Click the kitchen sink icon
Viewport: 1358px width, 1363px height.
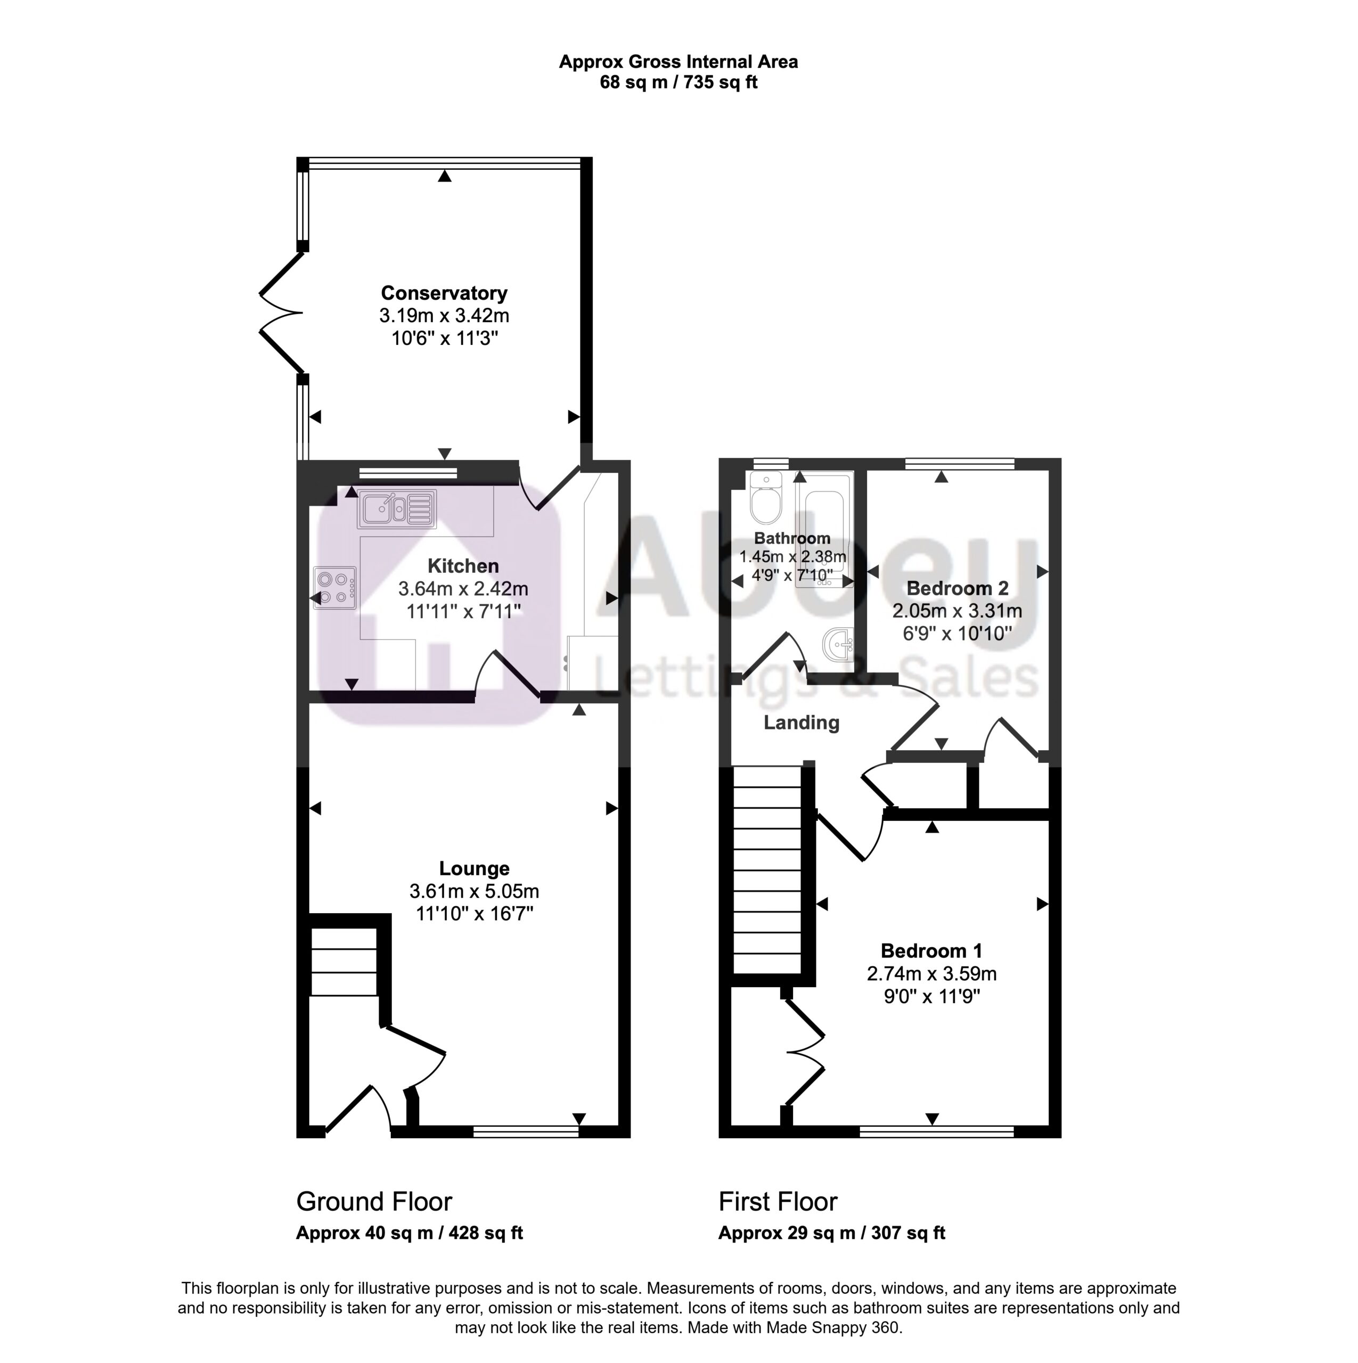tap(397, 508)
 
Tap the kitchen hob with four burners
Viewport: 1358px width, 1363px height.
tap(334, 588)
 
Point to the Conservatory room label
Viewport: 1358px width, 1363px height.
tap(444, 293)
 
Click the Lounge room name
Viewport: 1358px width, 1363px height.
tap(475, 868)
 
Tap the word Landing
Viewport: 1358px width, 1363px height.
tap(802, 722)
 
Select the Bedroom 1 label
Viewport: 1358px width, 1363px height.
tap(931, 951)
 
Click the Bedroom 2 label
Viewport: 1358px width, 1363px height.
tap(958, 588)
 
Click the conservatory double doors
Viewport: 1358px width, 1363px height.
tap(282, 312)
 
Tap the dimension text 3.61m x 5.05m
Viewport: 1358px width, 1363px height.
tap(475, 891)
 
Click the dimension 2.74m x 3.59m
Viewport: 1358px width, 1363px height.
tap(931, 974)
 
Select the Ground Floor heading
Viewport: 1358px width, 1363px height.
tap(374, 1202)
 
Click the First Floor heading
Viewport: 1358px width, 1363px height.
tap(778, 1202)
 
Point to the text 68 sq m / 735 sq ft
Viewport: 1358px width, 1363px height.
tap(678, 83)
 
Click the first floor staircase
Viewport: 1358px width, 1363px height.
tap(767, 871)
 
